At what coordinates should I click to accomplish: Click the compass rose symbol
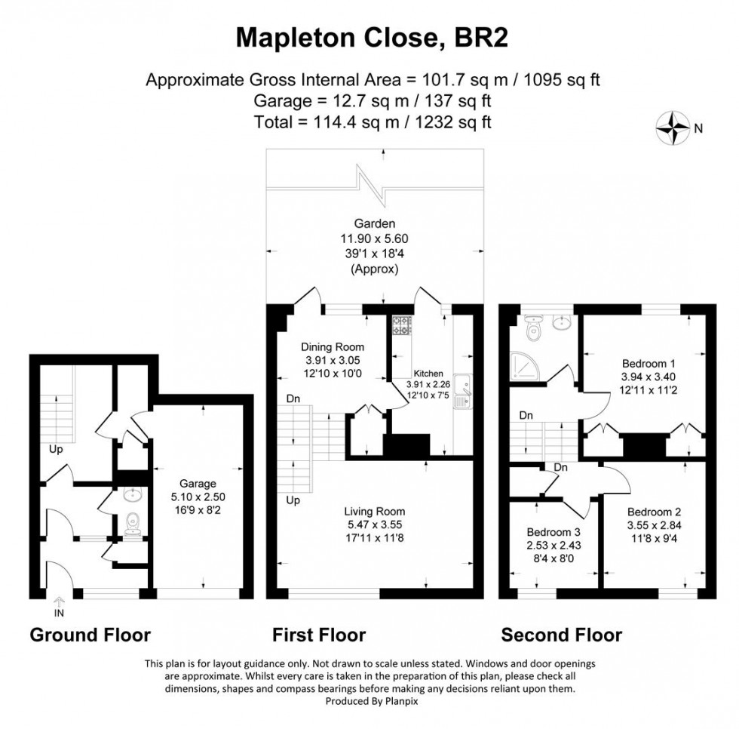tap(673, 128)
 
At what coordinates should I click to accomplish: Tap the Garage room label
tap(198, 483)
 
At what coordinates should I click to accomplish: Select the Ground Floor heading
tap(90, 635)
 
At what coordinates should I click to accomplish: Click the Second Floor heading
tap(562, 635)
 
